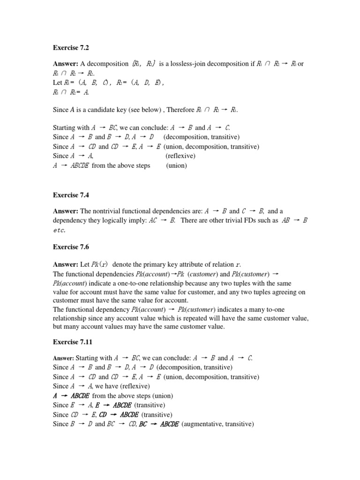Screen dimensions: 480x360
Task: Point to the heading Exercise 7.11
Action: click(x=75, y=342)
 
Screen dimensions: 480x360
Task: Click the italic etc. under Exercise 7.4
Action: click(x=60, y=230)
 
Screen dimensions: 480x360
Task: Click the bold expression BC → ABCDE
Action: click(x=159, y=424)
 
